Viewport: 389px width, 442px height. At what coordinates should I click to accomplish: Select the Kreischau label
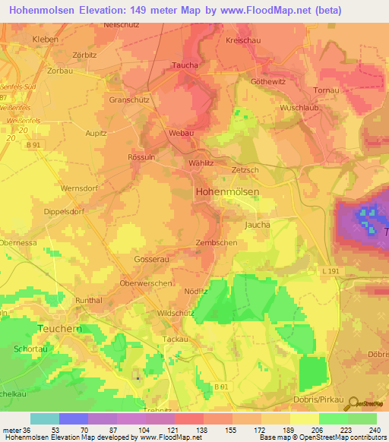coord(245,39)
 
